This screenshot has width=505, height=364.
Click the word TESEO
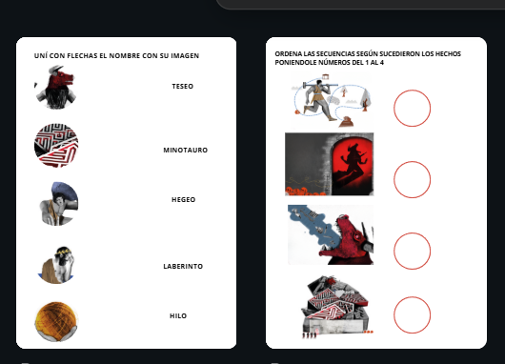click(183, 87)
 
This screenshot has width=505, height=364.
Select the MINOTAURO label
click(186, 151)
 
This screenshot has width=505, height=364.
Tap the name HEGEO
click(184, 200)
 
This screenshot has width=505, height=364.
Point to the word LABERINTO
click(183, 267)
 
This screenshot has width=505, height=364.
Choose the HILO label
click(178, 316)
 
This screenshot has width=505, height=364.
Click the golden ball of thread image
click(56, 321)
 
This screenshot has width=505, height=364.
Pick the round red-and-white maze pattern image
click(56, 145)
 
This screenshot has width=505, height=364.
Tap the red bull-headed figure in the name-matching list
click(55, 87)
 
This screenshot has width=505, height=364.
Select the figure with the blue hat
click(59, 204)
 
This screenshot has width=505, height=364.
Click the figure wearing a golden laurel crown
click(56, 265)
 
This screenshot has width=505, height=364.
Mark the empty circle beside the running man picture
click(412, 90)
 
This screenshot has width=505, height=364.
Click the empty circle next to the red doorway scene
click(412, 161)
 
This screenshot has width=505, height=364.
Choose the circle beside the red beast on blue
click(412, 233)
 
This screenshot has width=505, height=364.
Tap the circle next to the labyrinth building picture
click(412, 297)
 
